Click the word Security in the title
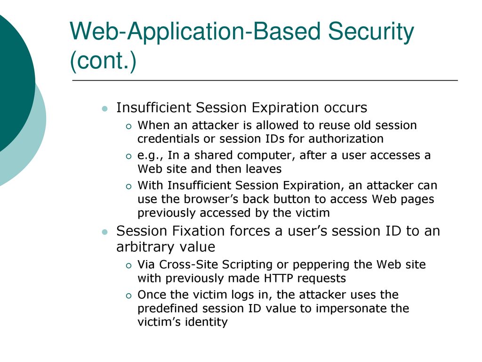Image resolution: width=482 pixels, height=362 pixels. [x=371, y=32]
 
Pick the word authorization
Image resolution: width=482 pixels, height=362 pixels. [x=346, y=139]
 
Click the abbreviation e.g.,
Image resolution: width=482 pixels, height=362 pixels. [x=151, y=156]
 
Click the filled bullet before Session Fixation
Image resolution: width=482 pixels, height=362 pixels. [x=105, y=232]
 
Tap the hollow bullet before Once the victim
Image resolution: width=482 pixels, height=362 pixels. [x=129, y=296]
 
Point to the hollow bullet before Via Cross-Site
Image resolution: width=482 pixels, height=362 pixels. [x=129, y=266]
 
